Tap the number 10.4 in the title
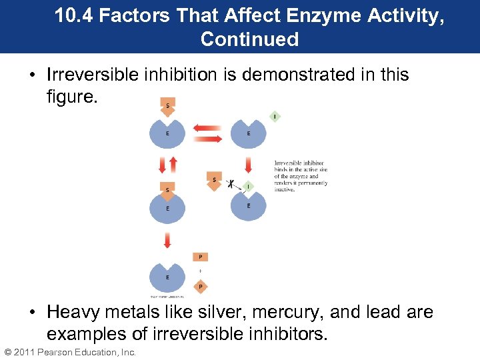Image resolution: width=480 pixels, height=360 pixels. tap(74, 15)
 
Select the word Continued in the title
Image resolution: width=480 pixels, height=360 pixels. tap(249, 39)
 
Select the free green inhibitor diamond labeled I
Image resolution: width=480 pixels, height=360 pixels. tap(275, 117)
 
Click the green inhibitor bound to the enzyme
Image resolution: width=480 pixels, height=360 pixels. tap(248, 186)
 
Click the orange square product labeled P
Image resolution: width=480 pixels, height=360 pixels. tap(201, 257)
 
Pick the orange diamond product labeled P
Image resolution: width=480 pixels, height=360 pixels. tap(201, 287)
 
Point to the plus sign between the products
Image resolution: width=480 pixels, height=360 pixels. tap(201, 272)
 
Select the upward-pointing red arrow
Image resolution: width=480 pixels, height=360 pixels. tap(173, 163)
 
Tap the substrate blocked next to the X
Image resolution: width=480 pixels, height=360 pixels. tap(214, 180)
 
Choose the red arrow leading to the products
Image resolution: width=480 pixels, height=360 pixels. tap(167, 239)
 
